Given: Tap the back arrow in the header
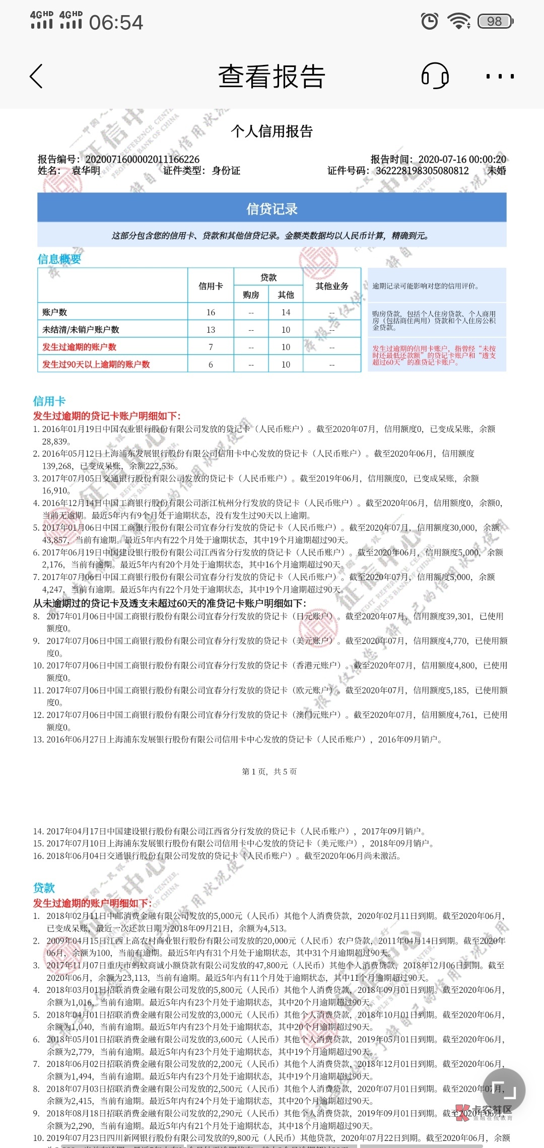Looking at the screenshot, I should tap(36, 77).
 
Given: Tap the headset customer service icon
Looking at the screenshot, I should tap(435, 76).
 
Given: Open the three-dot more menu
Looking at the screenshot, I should tap(500, 77).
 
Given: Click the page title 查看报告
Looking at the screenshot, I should tap(272, 77).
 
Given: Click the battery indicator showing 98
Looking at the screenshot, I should tap(495, 21).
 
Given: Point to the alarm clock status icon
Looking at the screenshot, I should tap(430, 21).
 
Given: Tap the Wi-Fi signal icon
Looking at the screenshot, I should tap(459, 21).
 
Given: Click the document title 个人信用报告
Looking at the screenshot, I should tap(272, 131).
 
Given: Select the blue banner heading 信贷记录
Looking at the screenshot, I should tap(272, 209).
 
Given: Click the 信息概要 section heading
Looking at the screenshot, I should tap(59, 259).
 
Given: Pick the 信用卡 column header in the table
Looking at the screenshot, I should tap(211, 286).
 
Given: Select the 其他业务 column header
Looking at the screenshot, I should tap(332, 286).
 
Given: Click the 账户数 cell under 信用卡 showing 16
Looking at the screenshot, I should tap(211, 312).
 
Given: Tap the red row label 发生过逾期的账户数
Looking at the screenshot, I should tap(80, 347).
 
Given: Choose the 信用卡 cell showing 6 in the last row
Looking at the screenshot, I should tap(211, 365).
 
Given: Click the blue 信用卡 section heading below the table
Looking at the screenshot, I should tap(49, 401).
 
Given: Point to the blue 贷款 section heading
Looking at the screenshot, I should tap(44, 888).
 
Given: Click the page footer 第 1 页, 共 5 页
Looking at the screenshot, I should tap(269, 771).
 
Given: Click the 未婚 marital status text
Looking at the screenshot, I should tap(497, 171).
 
